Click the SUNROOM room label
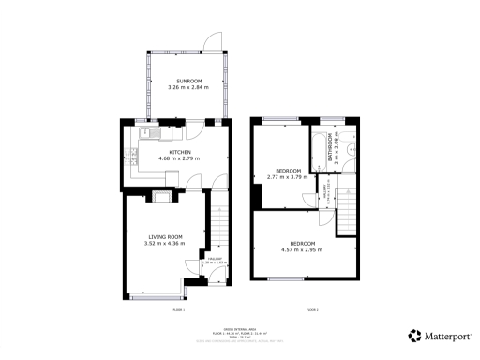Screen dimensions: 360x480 (x=185, y=80)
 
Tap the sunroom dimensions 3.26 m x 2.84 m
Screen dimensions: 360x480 (x=185, y=87)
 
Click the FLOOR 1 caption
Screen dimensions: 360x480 (x=178, y=308)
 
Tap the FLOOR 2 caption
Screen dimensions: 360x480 (x=310, y=308)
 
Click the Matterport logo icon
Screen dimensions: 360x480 (x=413, y=335)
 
